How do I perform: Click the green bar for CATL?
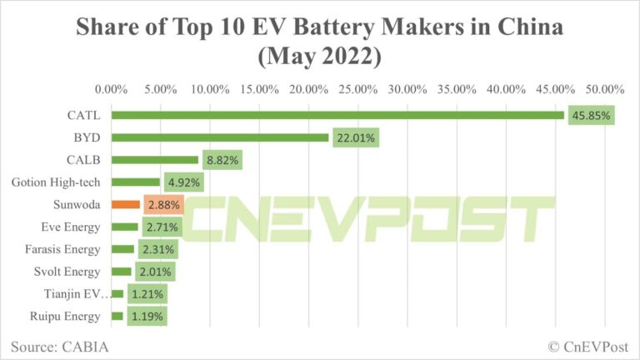[x=337, y=115]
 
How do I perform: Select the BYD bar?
[x=220, y=137]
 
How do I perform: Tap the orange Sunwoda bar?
[x=125, y=204]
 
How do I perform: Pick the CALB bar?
[x=155, y=159]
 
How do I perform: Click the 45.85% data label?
[x=592, y=115]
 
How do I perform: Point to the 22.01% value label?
[x=356, y=137]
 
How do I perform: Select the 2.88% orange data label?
[x=162, y=204]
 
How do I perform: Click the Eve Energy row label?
[x=71, y=227]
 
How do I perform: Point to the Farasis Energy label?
[x=64, y=249]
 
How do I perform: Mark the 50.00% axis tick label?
[x=605, y=89]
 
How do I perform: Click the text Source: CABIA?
[x=60, y=345]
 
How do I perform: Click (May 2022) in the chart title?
[x=320, y=58]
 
